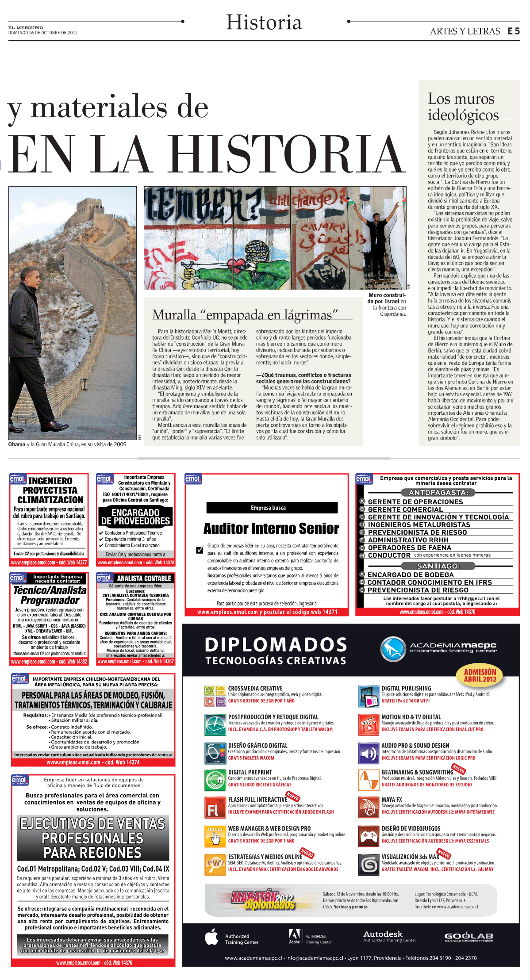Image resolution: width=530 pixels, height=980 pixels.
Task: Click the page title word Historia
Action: point(264,22)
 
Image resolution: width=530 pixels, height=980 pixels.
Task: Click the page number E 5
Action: point(513,31)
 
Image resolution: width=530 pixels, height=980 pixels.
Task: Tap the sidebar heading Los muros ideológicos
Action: point(463,107)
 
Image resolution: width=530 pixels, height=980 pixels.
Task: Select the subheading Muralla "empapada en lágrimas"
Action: point(245,315)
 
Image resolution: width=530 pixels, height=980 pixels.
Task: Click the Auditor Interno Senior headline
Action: point(271,528)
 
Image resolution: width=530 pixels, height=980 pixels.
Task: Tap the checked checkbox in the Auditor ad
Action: point(200,550)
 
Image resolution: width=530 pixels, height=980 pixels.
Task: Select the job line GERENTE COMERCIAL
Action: point(405,509)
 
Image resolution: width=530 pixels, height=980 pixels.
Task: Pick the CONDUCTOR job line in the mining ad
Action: point(389,555)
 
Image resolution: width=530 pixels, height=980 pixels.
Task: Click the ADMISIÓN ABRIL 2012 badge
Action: point(480,675)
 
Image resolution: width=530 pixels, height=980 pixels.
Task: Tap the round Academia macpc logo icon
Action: point(392,649)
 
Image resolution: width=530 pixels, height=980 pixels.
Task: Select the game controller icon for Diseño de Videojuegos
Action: point(368,835)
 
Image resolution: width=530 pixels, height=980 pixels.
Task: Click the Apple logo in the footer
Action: point(212,937)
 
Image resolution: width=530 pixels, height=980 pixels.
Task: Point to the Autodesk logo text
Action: point(383,934)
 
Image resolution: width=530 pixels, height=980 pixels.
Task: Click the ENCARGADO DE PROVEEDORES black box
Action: point(135,517)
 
